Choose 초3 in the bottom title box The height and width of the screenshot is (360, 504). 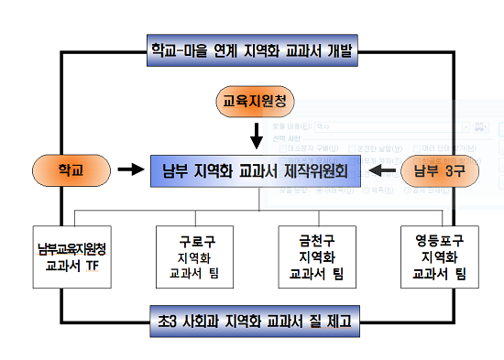pyautogui.click(x=167, y=322)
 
